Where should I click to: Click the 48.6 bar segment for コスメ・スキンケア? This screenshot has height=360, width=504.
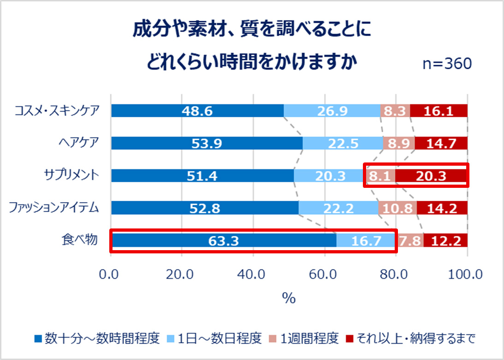(197, 111)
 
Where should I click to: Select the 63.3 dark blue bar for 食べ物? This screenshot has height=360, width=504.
(224, 240)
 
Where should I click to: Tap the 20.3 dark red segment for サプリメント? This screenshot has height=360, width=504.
(431, 176)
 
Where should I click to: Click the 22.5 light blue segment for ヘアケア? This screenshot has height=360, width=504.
(343, 144)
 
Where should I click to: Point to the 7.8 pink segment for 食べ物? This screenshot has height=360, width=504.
(409, 240)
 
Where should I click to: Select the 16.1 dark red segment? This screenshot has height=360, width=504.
(439, 111)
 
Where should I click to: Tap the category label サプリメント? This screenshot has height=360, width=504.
(71, 175)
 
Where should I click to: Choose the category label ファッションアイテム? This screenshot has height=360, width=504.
(54, 208)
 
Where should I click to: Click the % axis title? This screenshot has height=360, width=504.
(289, 298)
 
